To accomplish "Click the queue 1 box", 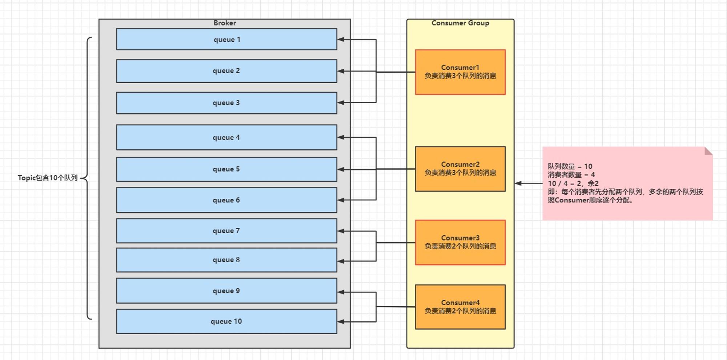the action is pos(226,39).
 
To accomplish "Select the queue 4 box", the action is pos(226,137).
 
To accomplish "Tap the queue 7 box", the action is pos(226,231).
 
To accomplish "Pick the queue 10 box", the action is pos(226,321).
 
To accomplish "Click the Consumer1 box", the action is pos(460,72).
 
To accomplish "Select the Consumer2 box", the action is pos(460,169).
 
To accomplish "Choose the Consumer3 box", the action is pos(460,242).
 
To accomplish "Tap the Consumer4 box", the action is pos(460,307).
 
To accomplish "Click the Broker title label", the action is pos(225,23).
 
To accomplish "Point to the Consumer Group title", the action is pos(460,23).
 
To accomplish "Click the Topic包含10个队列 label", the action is pos(48,178).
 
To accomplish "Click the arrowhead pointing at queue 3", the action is pos(341,103).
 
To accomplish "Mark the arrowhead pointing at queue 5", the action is pos(341,169).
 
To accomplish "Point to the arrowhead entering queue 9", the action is pos(341,292).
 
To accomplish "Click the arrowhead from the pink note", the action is pos(518,183).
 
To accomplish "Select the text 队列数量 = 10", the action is pos(570,166).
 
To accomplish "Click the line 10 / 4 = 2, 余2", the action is pos(573,183).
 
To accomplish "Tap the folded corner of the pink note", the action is pos(708,151).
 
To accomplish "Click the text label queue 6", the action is pos(226,200).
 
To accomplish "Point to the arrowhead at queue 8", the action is pos(341,261).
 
